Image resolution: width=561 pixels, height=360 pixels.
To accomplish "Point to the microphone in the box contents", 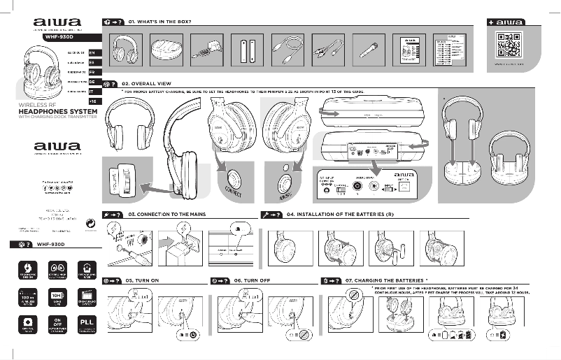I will (368, 52).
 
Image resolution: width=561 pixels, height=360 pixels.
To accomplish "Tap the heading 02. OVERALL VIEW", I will (146, 83).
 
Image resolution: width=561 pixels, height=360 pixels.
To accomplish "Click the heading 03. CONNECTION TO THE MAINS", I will (167, 215).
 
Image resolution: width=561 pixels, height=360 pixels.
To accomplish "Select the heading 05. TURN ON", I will (143, 280).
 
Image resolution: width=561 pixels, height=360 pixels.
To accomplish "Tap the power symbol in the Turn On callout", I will (194, 334).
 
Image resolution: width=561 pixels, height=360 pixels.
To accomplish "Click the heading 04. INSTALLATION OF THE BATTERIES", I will (341, 215).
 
